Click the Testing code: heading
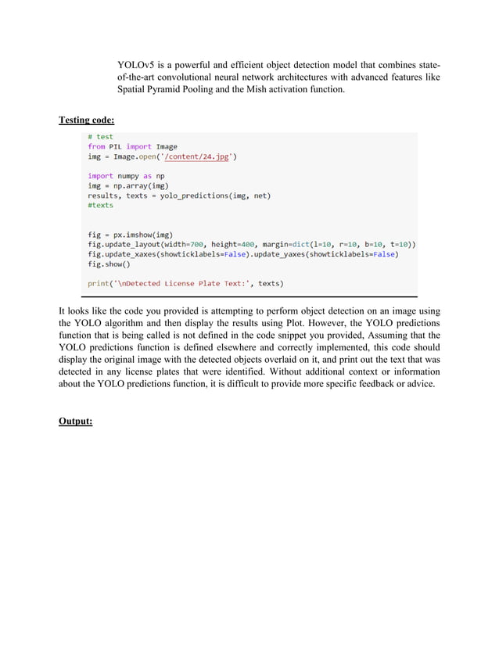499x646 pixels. (x=87, y=120)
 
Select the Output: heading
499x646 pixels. (x=76, y=421)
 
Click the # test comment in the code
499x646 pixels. (x=100, y=137)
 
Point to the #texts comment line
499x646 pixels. (x=100, y=205)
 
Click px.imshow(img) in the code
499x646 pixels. (x=142, y=235)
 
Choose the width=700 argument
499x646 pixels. (x=183, y=244)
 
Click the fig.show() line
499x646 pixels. (x=108, y=264)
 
